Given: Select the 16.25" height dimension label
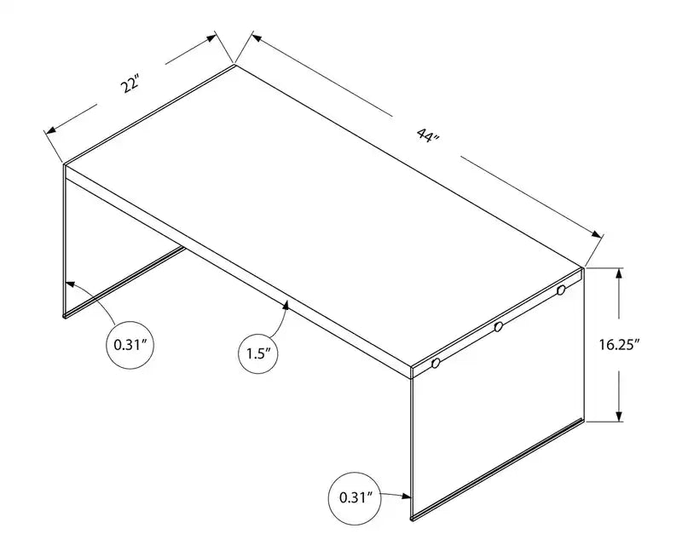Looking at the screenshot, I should [x=620, y=345].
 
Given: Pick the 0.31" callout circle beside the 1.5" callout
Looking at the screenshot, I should [x=132, y=346].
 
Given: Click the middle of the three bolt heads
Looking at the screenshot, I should [x=498, y=327].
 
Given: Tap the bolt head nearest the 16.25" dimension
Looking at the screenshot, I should [x=561, y=291].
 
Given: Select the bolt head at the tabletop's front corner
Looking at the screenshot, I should [x=435, y=364].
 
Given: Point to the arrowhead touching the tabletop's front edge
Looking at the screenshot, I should [x=286, y=303].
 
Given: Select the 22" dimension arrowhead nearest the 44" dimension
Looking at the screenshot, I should [x=213, y=39].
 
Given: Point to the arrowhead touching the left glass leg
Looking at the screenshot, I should [x=68, y=284].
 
